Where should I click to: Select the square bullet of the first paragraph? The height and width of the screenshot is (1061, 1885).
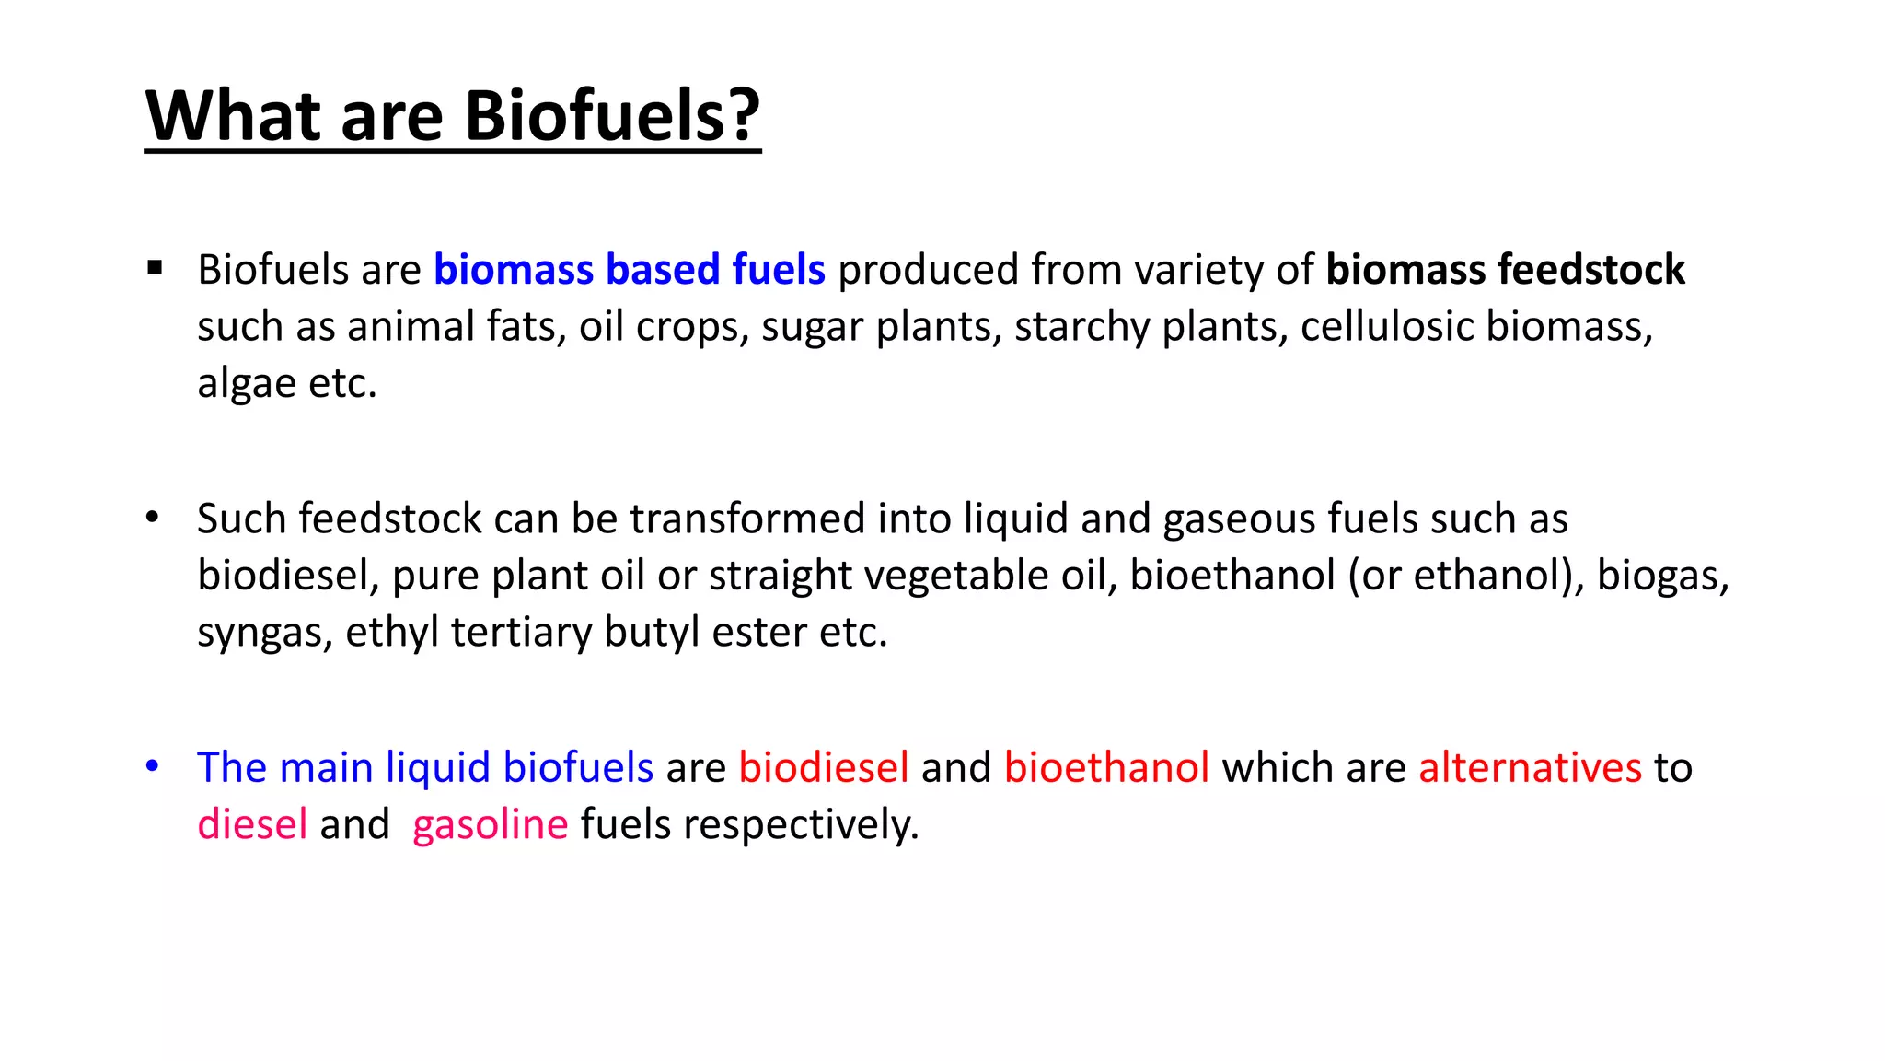coord(155,268)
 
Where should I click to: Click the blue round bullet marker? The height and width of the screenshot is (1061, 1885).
coord(153,765)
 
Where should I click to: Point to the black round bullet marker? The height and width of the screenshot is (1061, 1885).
coord(153,517)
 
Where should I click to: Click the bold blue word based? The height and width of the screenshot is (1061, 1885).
coord(663,270)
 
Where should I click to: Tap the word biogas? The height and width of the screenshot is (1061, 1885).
coord(1662,576)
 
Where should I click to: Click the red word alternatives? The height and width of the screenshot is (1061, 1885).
coord(1530,767)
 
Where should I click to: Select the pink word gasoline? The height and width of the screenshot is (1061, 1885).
coord(490,824)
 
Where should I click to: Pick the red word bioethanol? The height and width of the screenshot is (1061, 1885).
coord(1106,767)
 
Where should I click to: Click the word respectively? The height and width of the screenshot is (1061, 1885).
coord(800,824)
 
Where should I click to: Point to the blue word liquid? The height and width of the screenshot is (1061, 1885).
coord(437,767)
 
